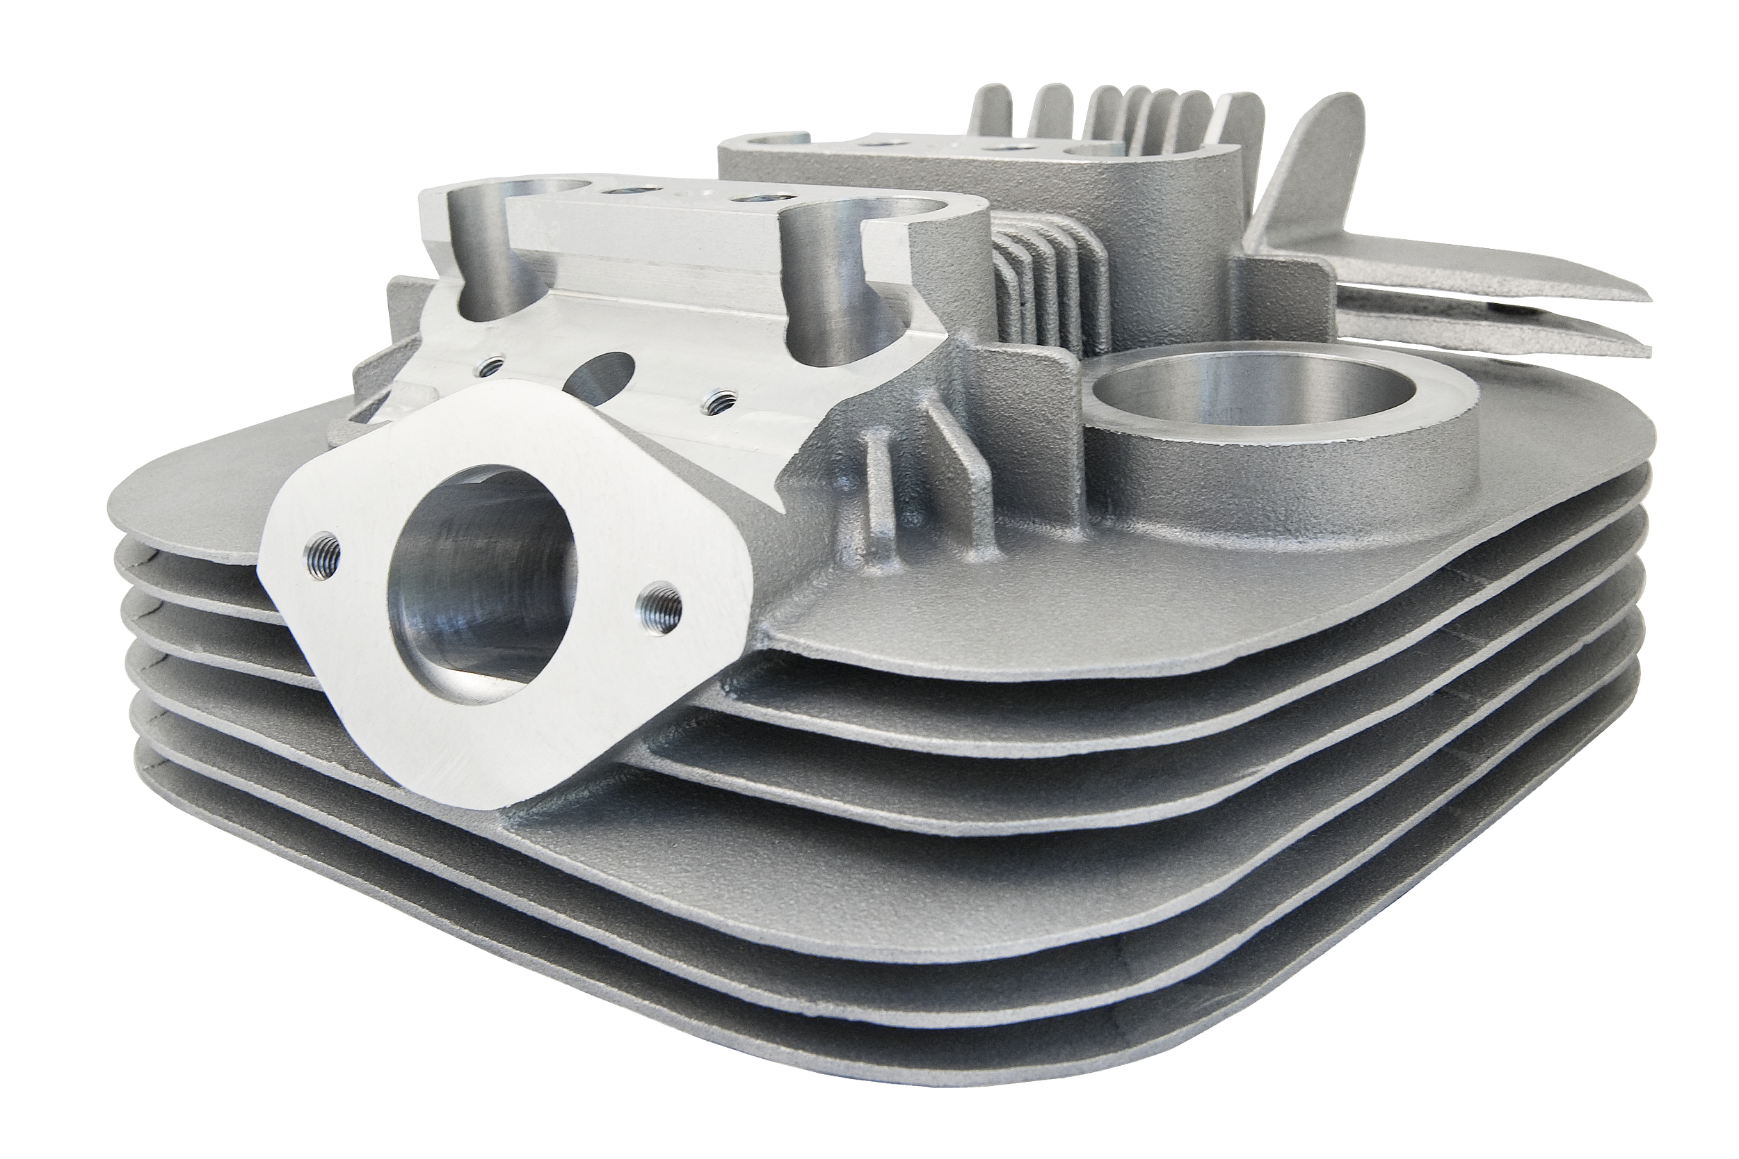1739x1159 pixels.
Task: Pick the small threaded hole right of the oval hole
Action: (x=714, y=401)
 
